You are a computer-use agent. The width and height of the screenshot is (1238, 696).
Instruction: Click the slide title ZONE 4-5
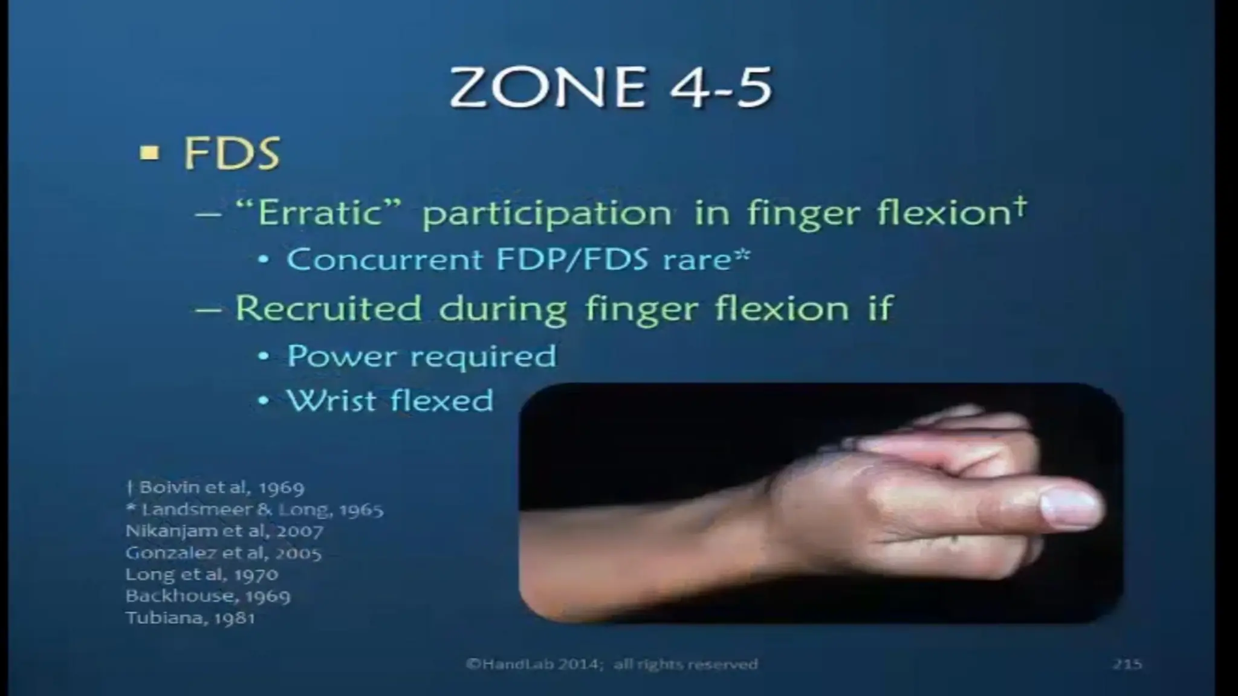coord(611,88)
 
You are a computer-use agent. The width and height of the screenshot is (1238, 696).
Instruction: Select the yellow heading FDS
coord(232,153)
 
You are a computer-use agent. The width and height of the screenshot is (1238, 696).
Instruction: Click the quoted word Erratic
coord(320,213)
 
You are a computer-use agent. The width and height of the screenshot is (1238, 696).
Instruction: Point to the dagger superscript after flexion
coord(1020,205)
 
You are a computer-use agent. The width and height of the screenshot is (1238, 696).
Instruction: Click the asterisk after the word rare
coord(742,255)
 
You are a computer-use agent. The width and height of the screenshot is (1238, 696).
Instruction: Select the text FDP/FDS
coord(572,260)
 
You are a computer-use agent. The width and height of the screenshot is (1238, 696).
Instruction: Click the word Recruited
coord(328,308)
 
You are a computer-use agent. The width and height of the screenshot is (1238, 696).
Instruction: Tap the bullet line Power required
coord(421,355)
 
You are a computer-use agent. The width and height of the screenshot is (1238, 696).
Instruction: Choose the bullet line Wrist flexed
coord(390,400)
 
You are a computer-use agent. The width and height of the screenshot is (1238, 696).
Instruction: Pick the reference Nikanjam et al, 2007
coord(224,531)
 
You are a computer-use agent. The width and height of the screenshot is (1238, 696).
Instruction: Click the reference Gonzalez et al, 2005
coord(223,553)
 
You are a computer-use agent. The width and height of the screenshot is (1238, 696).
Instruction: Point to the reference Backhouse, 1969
coord(208,596)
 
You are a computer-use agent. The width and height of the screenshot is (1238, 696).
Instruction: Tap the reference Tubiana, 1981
coord(190,618)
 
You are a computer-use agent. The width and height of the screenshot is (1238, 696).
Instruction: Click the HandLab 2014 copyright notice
coord(612,665)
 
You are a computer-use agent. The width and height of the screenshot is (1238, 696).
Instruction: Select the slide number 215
coord(1127,665)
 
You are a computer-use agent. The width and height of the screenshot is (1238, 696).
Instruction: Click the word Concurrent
coord(385,260)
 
